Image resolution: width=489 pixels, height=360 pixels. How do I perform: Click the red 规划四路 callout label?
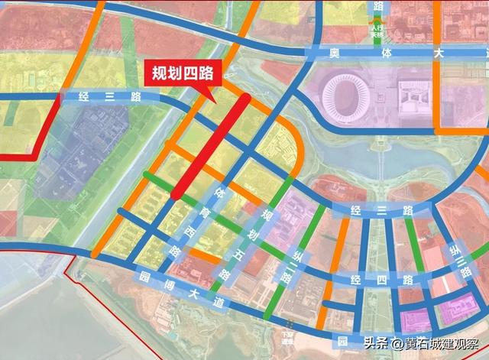coord(181,74)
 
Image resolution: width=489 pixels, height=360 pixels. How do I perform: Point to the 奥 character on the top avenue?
coord(333,53)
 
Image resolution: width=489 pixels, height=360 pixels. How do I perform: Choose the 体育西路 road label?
coord(197,222)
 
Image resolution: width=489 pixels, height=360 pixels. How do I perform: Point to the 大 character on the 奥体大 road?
coord(438,53)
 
